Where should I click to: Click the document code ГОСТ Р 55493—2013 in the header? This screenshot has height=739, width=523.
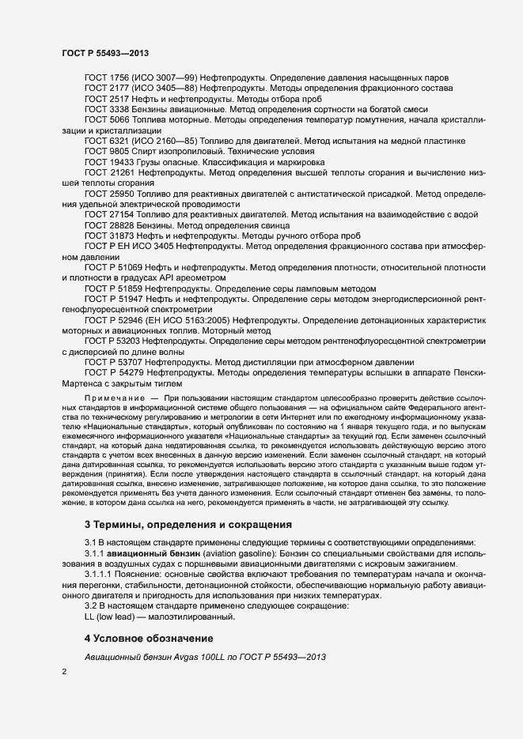click(x=106, y=52)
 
